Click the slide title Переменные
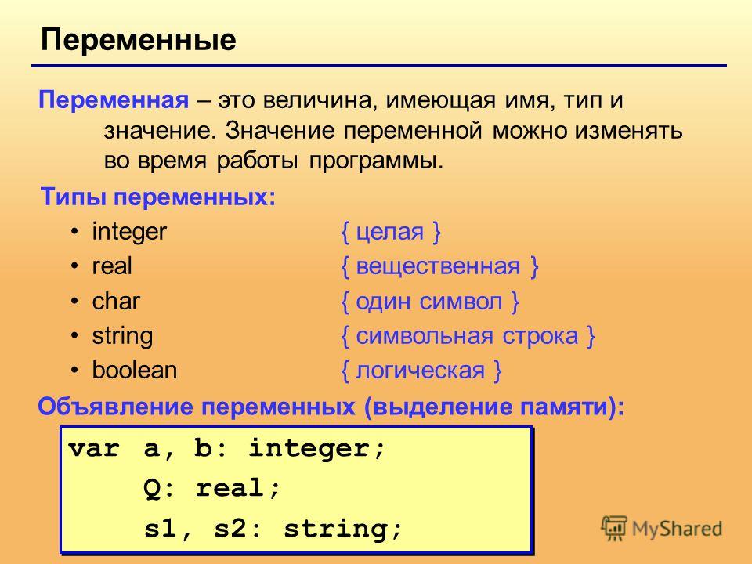point(138,40)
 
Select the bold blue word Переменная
point(114,101)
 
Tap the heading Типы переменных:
point(158,197)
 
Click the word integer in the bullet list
point(129,232)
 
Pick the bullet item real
point(112,266)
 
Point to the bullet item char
point(116,301)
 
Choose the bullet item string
point(122,336)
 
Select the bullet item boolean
point(134,371)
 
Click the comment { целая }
point(390,232)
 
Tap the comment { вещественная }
point(439,266)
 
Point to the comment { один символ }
point(430,302)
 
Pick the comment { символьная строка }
point(468,336)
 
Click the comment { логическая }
point(421,371)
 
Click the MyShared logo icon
point(614,529)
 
